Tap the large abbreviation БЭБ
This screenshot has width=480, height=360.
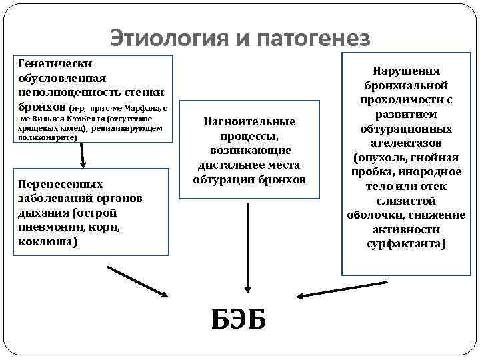click(x=239, y=319)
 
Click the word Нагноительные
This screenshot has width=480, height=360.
click(x=249, y=121)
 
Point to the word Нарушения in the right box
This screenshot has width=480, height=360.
click(x=407, y=71)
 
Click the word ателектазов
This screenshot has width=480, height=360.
click(x=407, y=143)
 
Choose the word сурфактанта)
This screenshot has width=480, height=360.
click(x=407, y=244)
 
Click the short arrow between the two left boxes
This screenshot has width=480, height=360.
click(x=83, y=156)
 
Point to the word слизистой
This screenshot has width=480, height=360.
click(x=407, y=201)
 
